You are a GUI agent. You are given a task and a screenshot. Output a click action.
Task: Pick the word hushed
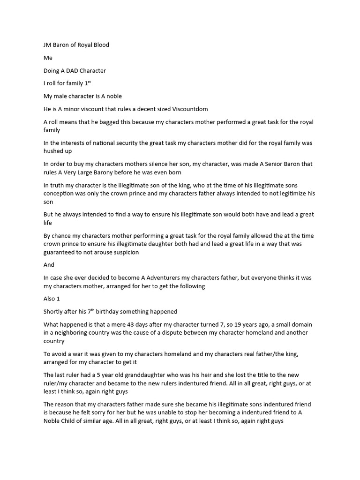coord(54,151)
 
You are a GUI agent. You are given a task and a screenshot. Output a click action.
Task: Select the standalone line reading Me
coord(48,58)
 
